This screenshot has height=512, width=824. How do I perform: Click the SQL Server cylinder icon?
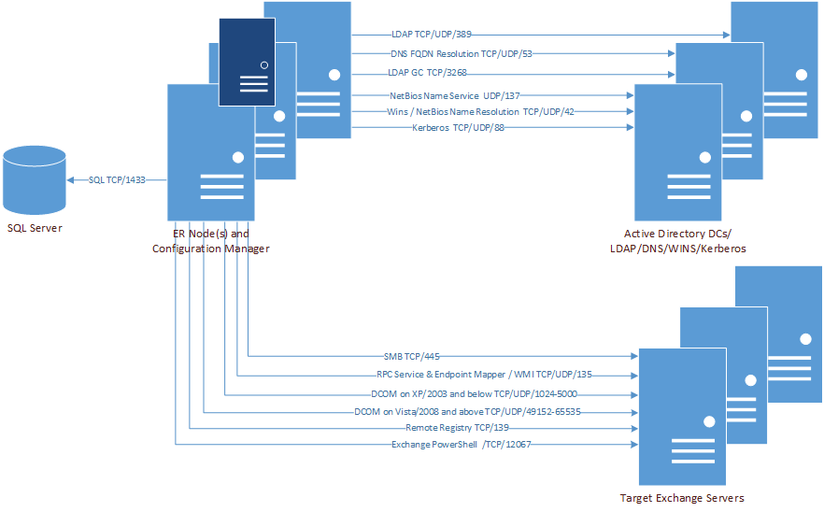click(34, 180)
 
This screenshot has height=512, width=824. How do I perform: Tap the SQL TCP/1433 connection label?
click(115, 179)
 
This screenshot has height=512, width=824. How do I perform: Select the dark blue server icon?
click(247, 62)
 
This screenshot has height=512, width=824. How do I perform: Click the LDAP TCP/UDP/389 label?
click(431, 35)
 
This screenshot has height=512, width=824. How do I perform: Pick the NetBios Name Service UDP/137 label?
click(454, 94)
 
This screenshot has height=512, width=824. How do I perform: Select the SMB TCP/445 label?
click(411, 356)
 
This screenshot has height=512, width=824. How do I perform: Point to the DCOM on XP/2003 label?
click(474, 394)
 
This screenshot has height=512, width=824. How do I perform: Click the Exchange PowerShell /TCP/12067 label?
click(462, 445)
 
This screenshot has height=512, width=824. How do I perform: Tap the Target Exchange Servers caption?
click(682, 498)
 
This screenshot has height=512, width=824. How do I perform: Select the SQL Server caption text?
click(35, 229)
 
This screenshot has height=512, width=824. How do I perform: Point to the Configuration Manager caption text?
click(211, 248)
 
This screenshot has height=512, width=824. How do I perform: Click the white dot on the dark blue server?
click(265, 65)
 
